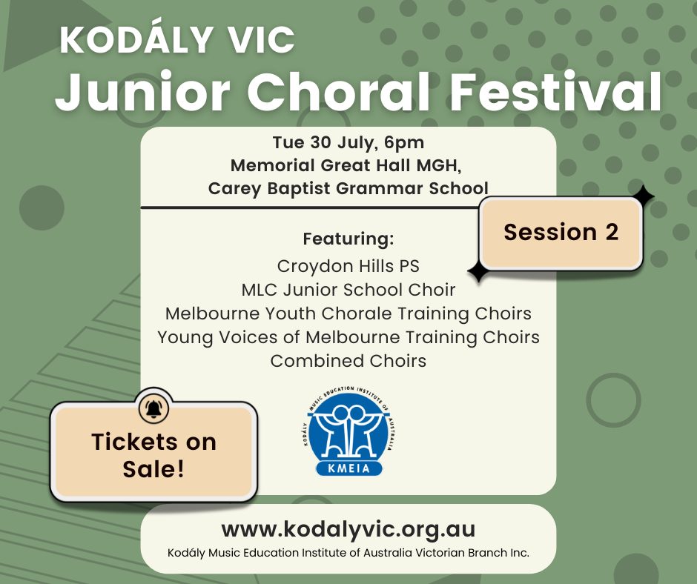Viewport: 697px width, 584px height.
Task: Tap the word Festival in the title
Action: pos(557,92)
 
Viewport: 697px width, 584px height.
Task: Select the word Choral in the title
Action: pos(338,92)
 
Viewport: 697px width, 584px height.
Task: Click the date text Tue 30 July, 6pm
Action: pos(348,143)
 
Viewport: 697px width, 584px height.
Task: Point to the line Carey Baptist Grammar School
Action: pos(348,188)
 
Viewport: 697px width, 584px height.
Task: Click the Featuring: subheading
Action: pos(348,239)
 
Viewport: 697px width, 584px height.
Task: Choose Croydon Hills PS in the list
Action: pos(348,267)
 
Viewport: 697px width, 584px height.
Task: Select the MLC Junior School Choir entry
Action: pos(348,290)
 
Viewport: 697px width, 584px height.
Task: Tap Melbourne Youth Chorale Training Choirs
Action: pos(348,313)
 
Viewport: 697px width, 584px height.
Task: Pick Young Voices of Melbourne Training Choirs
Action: pos(348,338)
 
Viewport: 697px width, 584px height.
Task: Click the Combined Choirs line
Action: pos(348,361)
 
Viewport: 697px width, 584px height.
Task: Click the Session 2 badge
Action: pos(561,233)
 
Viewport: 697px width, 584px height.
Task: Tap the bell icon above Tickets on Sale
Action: pos(153,408)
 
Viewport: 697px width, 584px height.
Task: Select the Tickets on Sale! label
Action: pos(153,455)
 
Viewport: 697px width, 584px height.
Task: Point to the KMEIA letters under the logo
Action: pos(349,468)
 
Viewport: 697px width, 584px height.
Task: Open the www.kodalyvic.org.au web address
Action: pos(348,530)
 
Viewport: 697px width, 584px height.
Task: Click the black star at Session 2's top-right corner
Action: pos(640,196)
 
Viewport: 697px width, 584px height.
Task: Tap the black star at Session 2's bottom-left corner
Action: pos(478,271)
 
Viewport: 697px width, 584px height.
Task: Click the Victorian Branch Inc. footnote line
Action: pos(348,554)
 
